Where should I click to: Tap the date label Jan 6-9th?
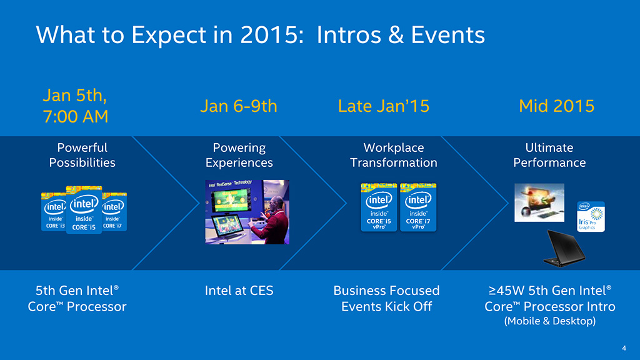[239, 106]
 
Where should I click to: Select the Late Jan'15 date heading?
[384, 106]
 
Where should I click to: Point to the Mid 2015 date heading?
[556, 106]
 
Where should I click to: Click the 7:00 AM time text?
[76, 117]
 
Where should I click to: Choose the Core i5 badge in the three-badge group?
[84, 210]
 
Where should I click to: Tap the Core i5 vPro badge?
[379, 207]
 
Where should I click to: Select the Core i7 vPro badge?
[418, 207]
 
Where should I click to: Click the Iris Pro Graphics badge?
[591, 217]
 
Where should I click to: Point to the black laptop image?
[564, 249]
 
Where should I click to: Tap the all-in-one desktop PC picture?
[539, 203]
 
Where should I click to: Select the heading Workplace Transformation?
[394, 155]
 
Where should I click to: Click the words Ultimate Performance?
[549, 155]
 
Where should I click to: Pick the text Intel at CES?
[239, 291]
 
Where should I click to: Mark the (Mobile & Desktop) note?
[550, 321]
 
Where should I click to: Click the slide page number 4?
[624, 348]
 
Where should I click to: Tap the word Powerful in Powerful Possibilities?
[82, 147]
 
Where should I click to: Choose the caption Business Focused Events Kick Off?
[386, 298]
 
